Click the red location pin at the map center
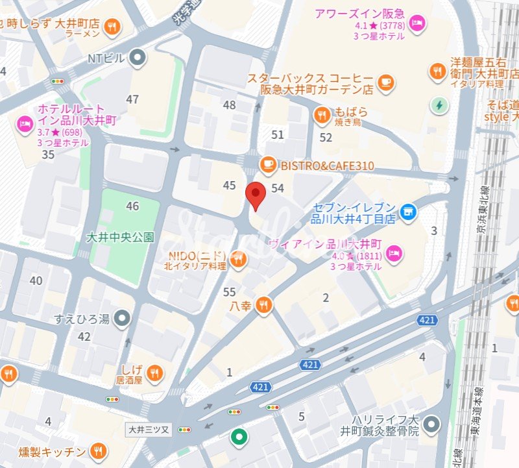click(x=256, y=194)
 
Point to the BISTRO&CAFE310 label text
click(x=327, y=166)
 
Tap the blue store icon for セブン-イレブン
click(x=408, y=211)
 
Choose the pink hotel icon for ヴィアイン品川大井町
click(x=395, y=254)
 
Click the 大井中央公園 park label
click(x=121, y=237)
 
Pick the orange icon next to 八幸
click(x=263, y=304)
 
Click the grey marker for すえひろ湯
click(x=121, y=318)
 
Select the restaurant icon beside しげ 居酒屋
click(x=154, y=373)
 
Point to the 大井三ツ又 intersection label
click(x=148, y=429)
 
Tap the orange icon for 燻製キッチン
click(x=98, y=451)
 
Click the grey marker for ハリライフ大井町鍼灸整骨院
click(x=433, y=425)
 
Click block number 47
click(x=132, y=99)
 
